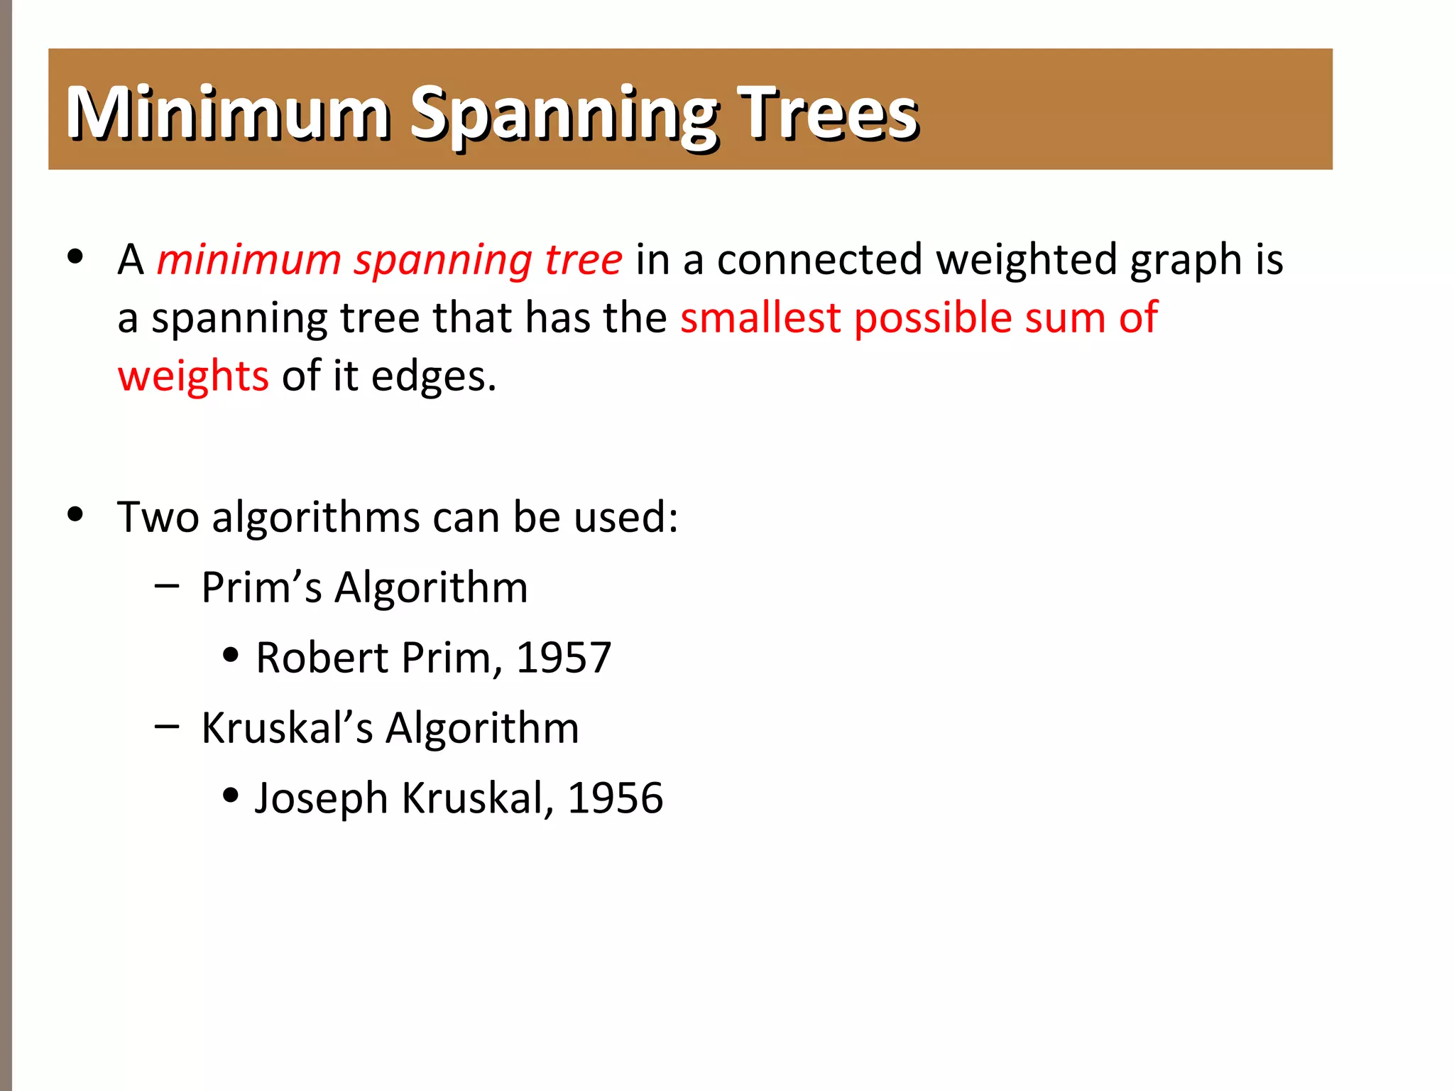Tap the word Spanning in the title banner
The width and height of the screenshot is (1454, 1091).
(564, 115)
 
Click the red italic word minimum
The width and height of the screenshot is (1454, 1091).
(248, 259)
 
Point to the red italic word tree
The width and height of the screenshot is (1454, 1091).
(584, 259)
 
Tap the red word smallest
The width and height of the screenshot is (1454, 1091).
(760, 317)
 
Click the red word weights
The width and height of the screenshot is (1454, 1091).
(193, 377)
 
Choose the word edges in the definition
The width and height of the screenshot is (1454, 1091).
(433, 377)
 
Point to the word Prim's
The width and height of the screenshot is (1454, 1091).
(261, 588)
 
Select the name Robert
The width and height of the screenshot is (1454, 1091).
(322, 658)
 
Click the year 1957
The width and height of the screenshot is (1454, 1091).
(564, 658)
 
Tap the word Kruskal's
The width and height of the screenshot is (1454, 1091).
(287, 728)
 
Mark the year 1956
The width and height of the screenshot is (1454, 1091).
(616, 798)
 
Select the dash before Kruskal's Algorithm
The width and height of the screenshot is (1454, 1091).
(166, 726)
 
